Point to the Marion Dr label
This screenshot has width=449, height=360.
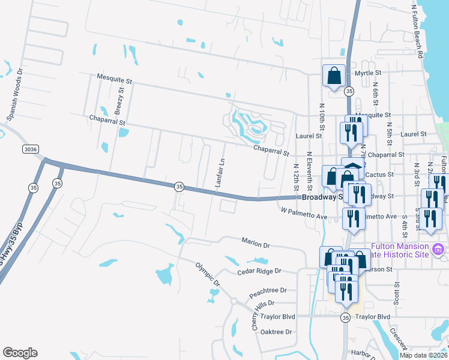tap(256, 245)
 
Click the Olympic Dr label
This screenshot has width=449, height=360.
tap(208, 273)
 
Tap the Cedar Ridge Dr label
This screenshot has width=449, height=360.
tap(259, 271)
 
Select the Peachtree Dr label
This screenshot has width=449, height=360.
tap(268, 290)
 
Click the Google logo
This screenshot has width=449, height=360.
tap(20, 353)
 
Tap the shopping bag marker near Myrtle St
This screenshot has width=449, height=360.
tap(334, 76)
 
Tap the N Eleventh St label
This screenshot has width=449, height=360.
tap(309, 171)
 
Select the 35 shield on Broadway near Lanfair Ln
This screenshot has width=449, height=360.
tap(179, 187)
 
